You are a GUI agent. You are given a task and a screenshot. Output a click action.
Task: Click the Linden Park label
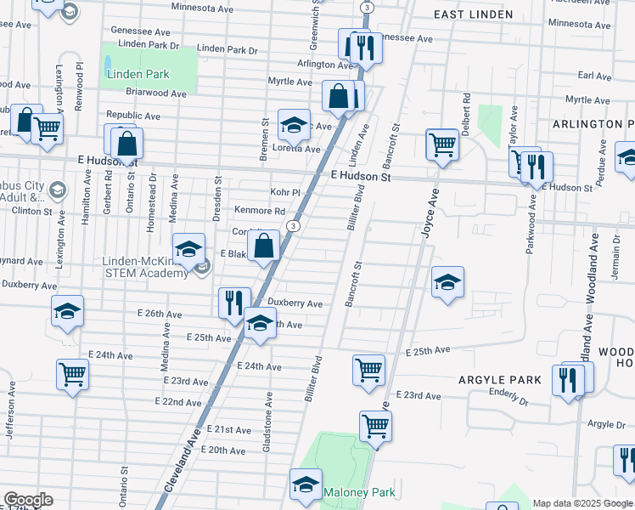click(x=138, y=74)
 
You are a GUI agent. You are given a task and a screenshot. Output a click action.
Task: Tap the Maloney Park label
click(x=359, y=492)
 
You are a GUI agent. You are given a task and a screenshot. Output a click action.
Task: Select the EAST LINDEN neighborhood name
click(x=473, y=14)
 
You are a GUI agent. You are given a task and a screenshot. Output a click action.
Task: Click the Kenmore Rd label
click(x=260, y=210)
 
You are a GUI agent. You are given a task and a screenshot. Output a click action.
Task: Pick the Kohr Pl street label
click(x=285, y=192)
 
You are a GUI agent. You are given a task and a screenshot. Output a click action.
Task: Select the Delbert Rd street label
click(x=466, y=109)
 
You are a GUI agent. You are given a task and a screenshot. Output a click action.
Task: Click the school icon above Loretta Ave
click(x=294, y=124)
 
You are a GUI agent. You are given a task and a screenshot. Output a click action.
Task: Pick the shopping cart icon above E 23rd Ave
click(x=369, y=370)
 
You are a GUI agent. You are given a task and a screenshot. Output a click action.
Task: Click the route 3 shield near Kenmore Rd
click(x=292, y=225)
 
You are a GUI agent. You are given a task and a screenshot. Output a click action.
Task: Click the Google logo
click(x=28, y=500)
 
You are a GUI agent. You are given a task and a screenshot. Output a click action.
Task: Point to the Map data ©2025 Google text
click(x=582, y=503)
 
